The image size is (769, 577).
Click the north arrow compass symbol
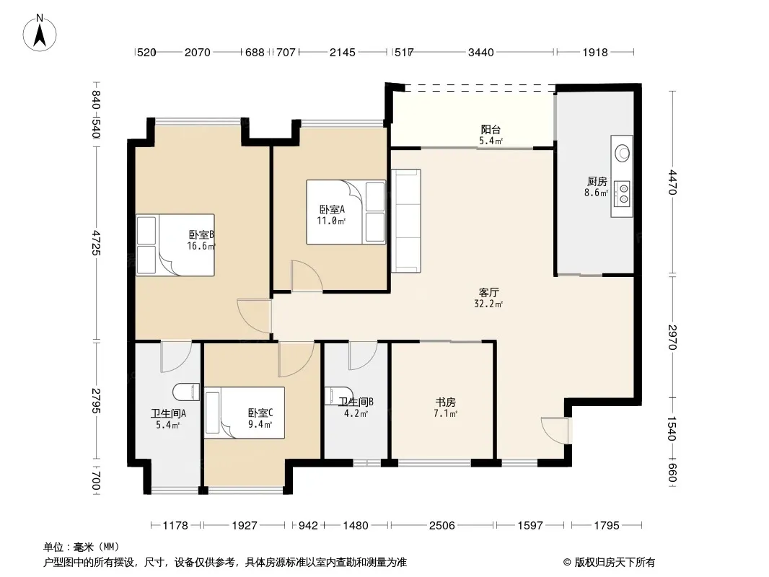coord(40,33)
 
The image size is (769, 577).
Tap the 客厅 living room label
coord(488,293)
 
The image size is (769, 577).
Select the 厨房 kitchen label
coord(597,182)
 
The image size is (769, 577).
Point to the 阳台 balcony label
coord(491,130)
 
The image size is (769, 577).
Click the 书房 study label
coord(445,402)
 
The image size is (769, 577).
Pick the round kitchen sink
coord(623,153)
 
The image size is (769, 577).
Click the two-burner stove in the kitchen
coord(622,193)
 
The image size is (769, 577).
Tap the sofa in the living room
coord(405,221)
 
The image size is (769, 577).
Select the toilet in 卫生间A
coord(186,392)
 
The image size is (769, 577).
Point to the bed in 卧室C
coord(245,413)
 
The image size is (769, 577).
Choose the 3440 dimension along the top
coord(480,52)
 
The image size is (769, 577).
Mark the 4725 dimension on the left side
coord(95,242)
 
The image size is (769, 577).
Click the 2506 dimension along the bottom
coord(442,526)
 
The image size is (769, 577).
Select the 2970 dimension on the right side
coord(672,338)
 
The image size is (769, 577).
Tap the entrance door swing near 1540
coord(555,431)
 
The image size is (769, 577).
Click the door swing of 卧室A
coord(307,276)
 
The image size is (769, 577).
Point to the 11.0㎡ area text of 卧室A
coord(331,221)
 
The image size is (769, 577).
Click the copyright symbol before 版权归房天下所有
coord(567,563)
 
